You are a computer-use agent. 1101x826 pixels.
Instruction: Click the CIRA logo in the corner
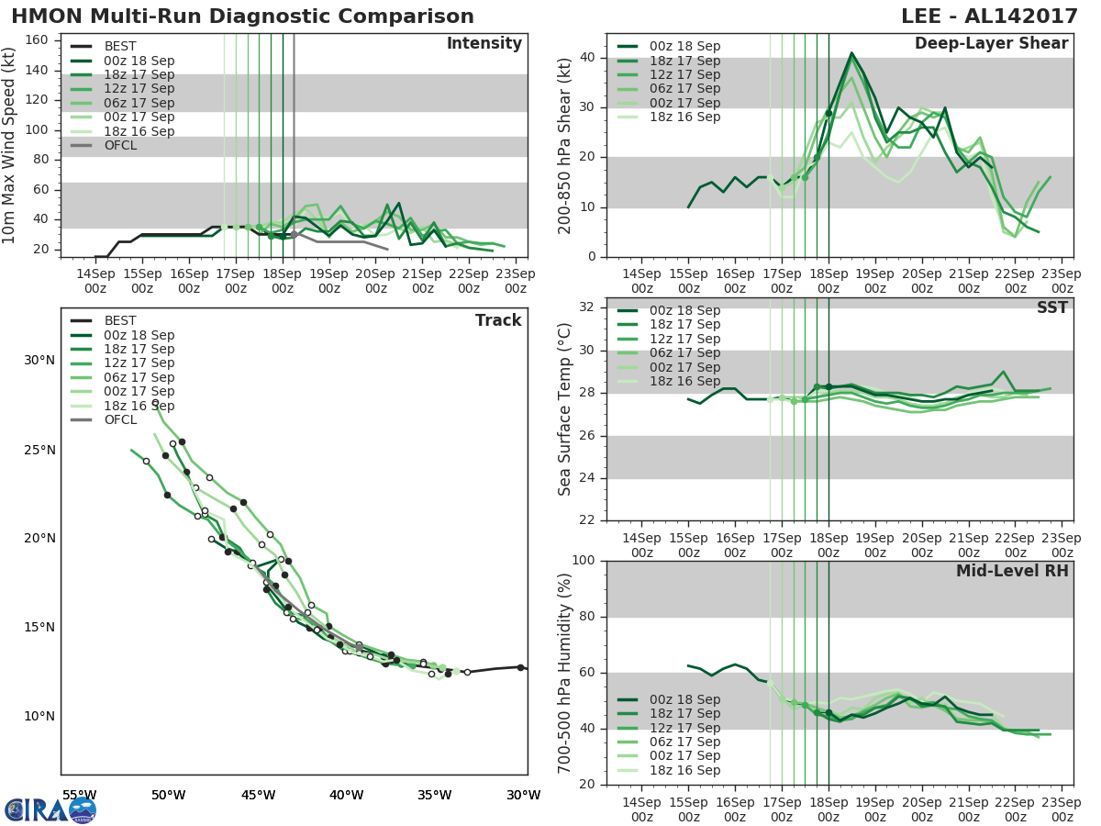[50, 809]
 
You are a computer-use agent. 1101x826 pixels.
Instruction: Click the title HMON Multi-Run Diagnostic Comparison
[242, 17]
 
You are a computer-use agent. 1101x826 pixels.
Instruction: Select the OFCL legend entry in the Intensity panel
[120, 145]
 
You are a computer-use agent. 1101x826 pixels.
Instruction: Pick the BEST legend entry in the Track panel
[120, 320]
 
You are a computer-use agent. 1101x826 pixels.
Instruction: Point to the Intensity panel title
[484, 44]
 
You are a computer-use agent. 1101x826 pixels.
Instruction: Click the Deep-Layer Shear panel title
[991, 44]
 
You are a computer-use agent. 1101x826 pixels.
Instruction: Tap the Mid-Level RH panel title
[1012, 571]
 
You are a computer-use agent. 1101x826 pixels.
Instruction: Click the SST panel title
[1051, 307]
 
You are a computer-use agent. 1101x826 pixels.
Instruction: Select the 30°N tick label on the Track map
[39, 360]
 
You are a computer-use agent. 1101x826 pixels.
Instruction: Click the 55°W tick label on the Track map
[79, 795]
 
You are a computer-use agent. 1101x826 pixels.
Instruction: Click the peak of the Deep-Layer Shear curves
[851, 53]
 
